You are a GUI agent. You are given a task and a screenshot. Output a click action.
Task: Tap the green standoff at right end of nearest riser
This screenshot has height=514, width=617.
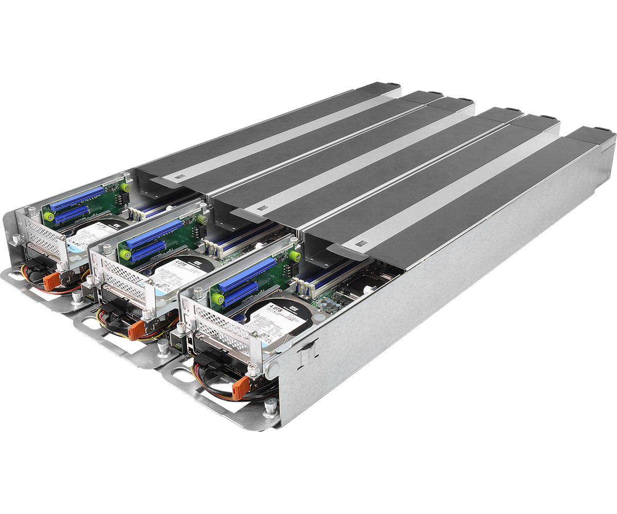pyautogui.click(x=295, y=256)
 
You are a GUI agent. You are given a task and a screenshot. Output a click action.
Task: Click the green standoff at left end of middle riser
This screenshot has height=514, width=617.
pyautogui.click(x=123, y=254)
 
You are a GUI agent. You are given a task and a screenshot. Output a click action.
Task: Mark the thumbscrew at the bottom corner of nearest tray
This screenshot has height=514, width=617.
pyautogui.click(x=269, y=408)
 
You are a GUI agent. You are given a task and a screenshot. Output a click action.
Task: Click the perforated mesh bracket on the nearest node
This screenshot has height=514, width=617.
pyautogui.click(x=213, y=322)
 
